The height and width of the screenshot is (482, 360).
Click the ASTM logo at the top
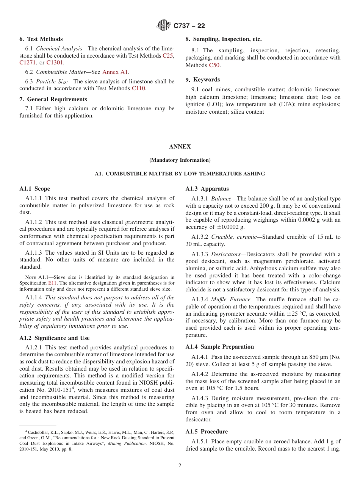click(164, 25)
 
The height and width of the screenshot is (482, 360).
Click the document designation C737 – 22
click(189, 26)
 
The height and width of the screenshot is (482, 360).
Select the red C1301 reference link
click(55, 63)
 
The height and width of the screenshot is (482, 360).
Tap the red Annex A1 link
click(116, 72)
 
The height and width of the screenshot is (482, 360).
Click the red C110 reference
click(139, 88)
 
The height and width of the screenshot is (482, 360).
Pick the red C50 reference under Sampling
click(214, 65)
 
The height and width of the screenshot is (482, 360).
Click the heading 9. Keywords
click(202, 80)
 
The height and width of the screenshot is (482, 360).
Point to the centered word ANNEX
click(180, 147)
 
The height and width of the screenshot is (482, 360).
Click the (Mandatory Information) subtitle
click(180, 160)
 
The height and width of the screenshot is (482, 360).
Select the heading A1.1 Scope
click(34, 189)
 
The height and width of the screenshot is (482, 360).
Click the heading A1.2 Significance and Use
click(55, 338)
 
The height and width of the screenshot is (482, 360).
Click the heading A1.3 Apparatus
click(207, 189)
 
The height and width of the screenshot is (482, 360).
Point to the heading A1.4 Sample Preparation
click(219, 347)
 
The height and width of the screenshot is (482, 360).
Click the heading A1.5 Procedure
click(207, 432)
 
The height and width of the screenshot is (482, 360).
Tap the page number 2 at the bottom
click(180, 466)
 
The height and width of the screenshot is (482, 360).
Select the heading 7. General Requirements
click(53, 99)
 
